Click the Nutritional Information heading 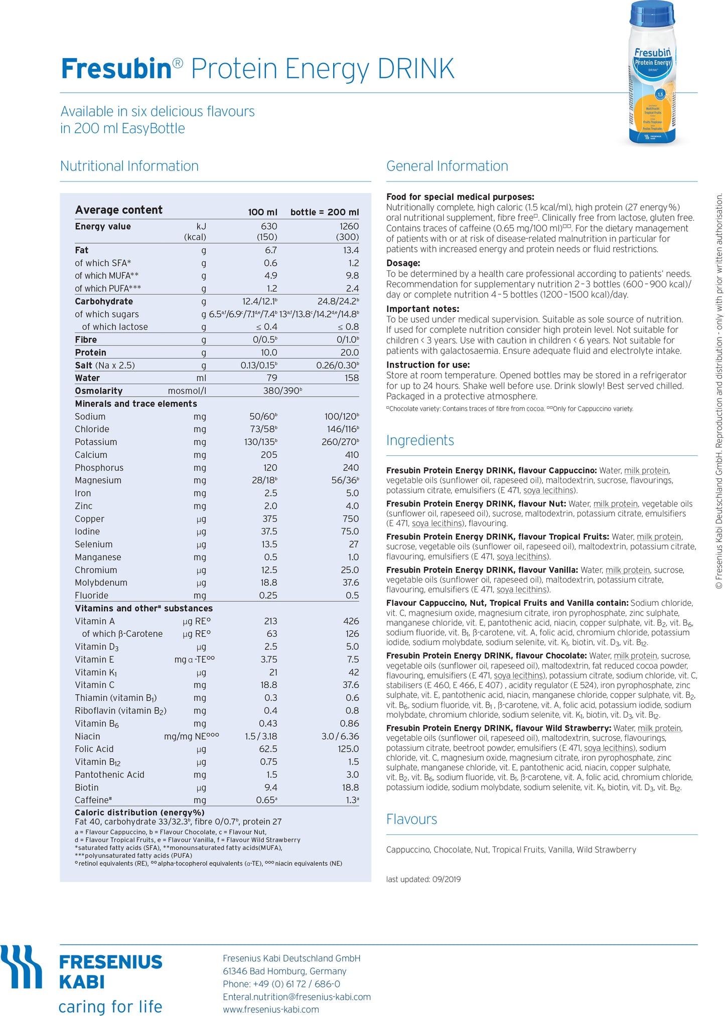[129, 166]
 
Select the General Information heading [447, 166]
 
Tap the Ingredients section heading [420, 440]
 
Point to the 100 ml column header [262, 212]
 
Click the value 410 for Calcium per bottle [352, 455]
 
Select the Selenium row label [94, 544]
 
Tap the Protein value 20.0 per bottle [349, 353]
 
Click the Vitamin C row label [95, 685]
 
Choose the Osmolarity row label [99, 391]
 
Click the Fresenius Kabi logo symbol [22, 967]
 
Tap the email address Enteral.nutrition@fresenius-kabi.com [297, 996]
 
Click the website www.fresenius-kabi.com [271, 1009]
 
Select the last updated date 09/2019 [446, 879]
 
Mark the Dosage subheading [403, 263]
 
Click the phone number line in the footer [281, 984]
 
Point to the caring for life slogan [110, 1006]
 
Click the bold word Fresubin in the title [116, 69]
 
